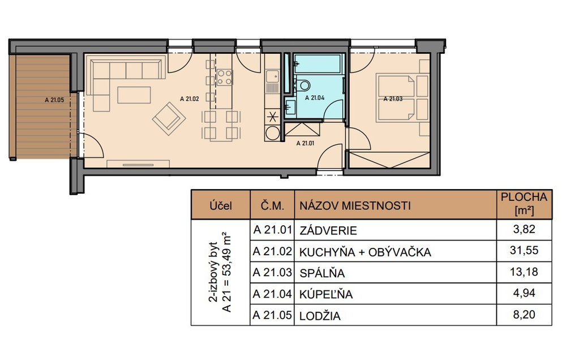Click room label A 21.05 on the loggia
[x=54, y=100]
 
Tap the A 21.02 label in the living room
[x=190, y=98]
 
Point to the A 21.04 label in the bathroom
[x=315, y=97]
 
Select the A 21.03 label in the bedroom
[x=393, y=98]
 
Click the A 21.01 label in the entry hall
[x=306, y=143]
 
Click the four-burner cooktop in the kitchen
[x=224, y=78]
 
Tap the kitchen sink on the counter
[x=272, y=78]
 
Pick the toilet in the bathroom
[x=302, y=85]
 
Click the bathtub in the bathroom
[x=318, y=64]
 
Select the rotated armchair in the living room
[x=169, y=118]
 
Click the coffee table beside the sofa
[x=134, y=95]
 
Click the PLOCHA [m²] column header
[x=524, y=204]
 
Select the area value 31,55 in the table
[x=524, y=250]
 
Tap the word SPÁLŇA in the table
[x=322, y=273]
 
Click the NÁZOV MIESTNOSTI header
[x=355, y=206]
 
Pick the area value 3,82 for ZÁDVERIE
[x=524, y=229]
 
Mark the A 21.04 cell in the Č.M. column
[x=272, y=294]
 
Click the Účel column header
[x=221, y=206]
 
